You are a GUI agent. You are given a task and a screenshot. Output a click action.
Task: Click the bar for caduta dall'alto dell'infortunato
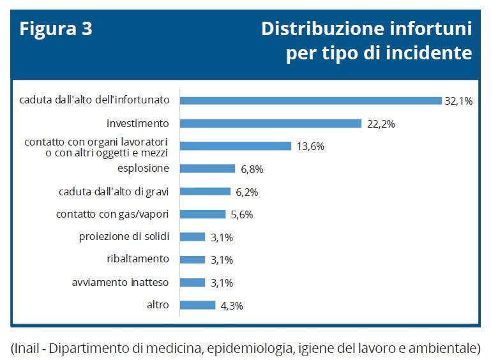point(311,100)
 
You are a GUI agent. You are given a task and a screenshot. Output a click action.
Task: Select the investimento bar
point(271,123)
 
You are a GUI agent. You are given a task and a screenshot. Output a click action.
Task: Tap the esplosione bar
point(208,169)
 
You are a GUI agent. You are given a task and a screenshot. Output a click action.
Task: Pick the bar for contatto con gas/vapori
point(203,214)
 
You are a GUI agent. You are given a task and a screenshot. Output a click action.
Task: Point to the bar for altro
point(198,305)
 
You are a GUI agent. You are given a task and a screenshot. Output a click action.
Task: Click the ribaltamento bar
point(193,260)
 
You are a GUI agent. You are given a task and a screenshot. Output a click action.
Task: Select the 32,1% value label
point(458,101)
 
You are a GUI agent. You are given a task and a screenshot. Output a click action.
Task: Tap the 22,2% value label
point(381,124)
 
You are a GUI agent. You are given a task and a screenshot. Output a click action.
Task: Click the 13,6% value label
point(310,146)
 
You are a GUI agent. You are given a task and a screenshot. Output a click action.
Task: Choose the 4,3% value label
point(232,306)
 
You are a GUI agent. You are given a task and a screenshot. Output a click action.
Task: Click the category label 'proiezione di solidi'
point(124,237)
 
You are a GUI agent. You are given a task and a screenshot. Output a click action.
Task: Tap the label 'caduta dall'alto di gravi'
point(114,191)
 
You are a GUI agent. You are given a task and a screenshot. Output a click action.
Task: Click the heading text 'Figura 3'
point(56,29)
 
